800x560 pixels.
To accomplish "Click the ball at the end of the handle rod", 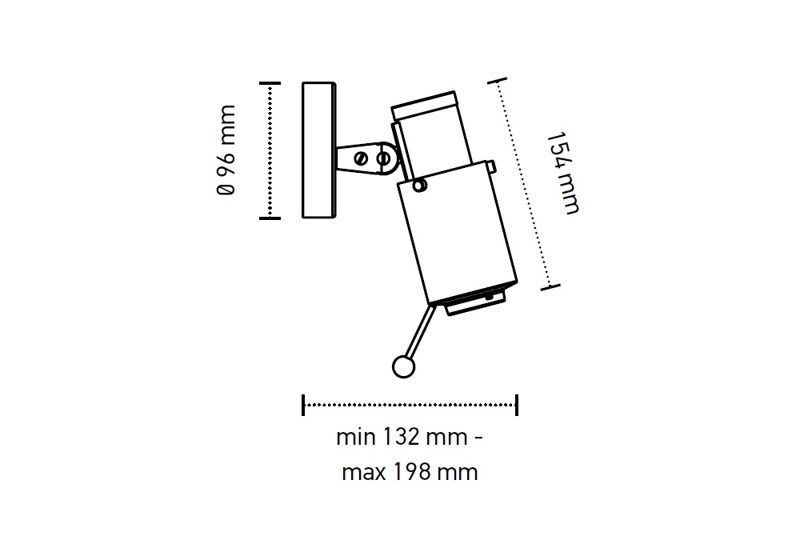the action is click(x=403, y=366).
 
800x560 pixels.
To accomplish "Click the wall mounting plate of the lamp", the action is click(x=319, y=150).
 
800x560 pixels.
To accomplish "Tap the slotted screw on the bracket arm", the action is click(x=362, y=158).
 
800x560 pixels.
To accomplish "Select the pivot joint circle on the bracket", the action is click(x=385, y=159).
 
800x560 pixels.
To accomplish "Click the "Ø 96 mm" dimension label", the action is click(x=226, y=150).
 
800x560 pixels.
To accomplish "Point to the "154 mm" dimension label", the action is click(x=562, y=174).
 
